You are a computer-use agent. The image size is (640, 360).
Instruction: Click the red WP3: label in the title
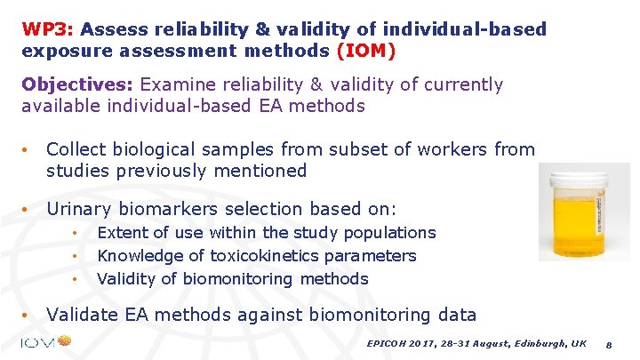click(42, 29)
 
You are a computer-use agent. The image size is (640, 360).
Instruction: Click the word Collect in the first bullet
click(77, 149)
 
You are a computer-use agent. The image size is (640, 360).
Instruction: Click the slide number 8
click(608, 343)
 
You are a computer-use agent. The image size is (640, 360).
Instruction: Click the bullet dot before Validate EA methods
click(28, 316)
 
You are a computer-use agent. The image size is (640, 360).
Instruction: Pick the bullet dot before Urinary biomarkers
click(28, 211)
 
